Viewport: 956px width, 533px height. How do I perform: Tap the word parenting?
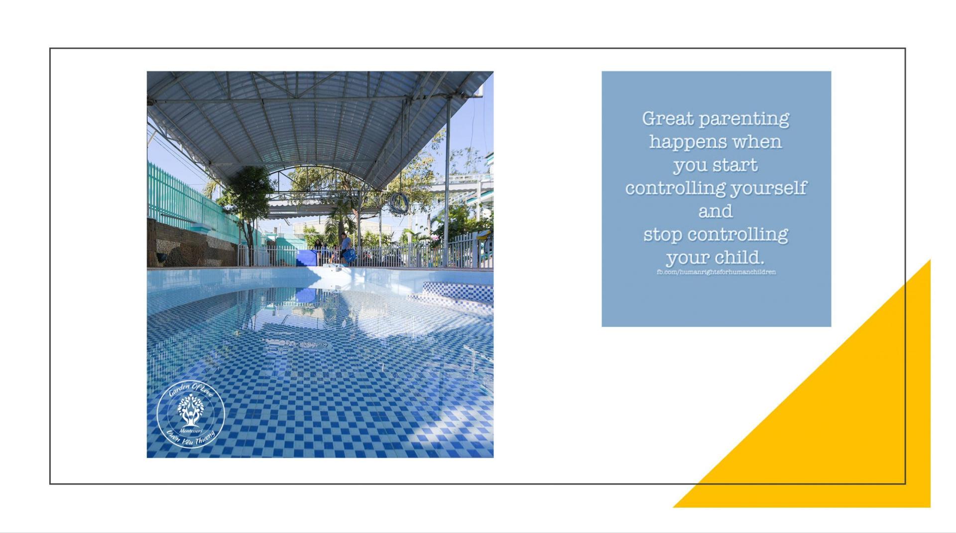click(x=744, y=120)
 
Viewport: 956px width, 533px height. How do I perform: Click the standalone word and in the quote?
click(x=716, y=211)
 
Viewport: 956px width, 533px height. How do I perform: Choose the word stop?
click(x=663, y=235)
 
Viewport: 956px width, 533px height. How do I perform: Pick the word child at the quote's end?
click(x=739, y=257)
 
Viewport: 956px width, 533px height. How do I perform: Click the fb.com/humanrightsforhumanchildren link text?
click(x=716, y=272)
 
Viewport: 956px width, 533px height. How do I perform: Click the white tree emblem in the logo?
click(x=190, y=410)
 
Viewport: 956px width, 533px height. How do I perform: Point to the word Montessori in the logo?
click(x=191, y=430)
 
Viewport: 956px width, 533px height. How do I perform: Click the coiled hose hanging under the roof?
click(x=398, y=204)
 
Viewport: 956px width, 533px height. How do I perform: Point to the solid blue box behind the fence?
click(x=306, y=258)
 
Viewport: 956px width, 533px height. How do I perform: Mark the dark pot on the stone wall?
click(x=162, y=257)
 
